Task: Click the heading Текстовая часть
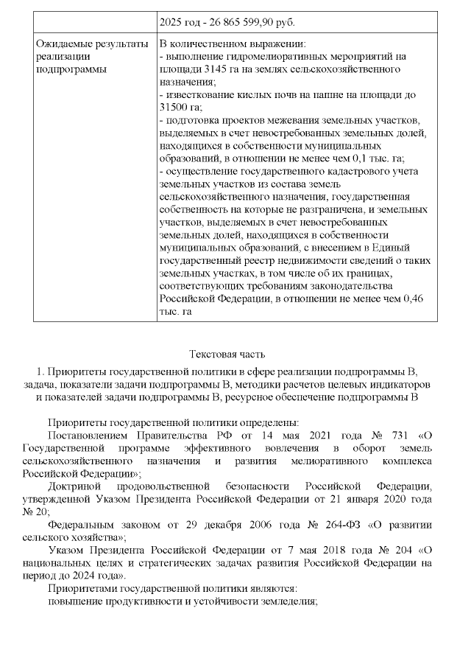tap(227, 355)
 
